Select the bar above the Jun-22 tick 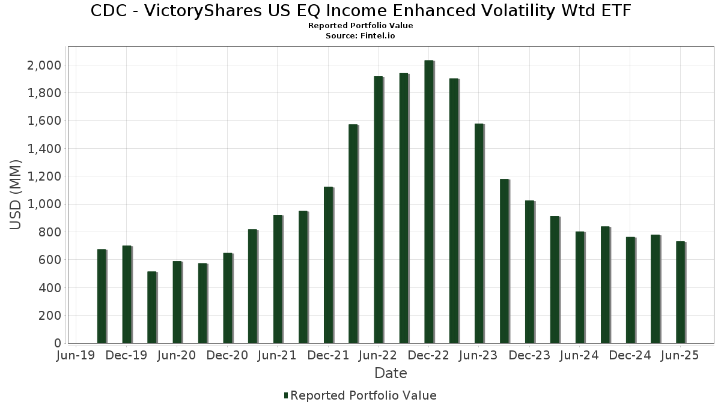378,210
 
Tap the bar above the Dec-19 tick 126,294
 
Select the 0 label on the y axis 58,343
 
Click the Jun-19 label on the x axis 76,356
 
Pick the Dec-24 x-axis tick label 630,356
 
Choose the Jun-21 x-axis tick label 277,356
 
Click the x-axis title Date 391,373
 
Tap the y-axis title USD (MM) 16,195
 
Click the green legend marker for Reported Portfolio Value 286,395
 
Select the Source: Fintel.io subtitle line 360,36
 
